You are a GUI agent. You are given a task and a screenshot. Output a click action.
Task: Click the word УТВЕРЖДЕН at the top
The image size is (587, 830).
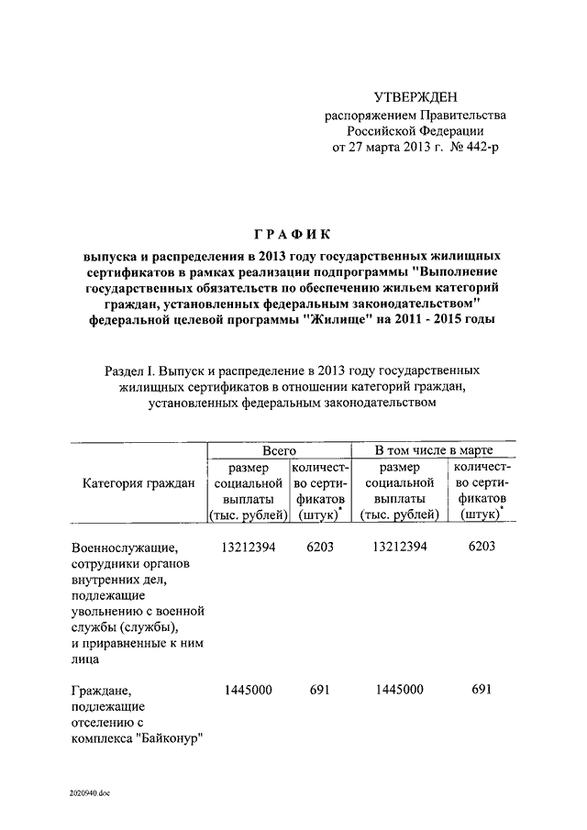tap(414, 97)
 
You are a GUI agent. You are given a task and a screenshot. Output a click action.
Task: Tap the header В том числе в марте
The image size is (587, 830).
tap(434, 450)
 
